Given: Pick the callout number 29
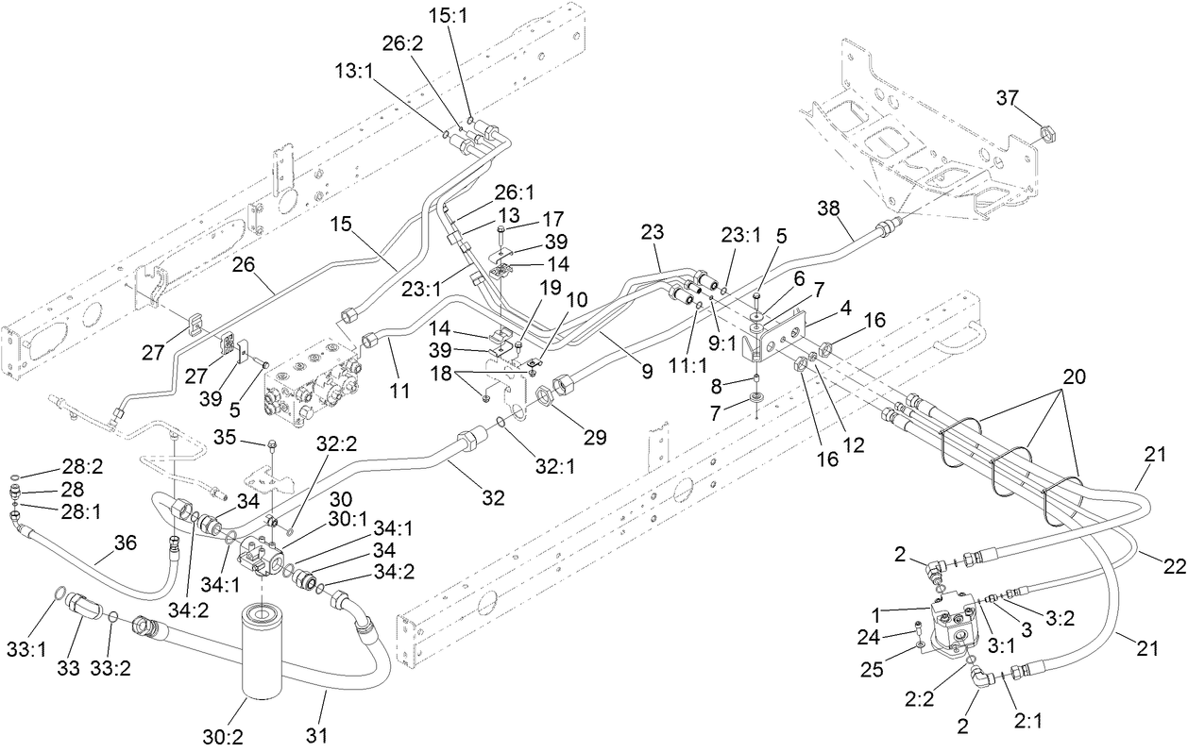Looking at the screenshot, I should click(x=594, y=437).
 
